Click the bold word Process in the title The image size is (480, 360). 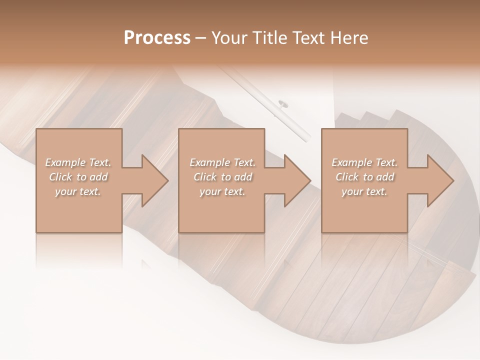pos(157,38)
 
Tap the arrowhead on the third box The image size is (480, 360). pos(438,180)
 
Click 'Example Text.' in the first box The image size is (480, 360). pos(78,162)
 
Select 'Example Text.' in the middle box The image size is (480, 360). pos(222,162)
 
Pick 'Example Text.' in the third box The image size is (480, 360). pos(364,162)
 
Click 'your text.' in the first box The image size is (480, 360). pos(78,191)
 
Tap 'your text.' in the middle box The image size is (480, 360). pos(222,191)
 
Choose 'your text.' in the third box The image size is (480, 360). pos(364,191)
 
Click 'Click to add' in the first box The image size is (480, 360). pos(78,177)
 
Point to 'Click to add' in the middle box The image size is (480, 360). pos(222,177)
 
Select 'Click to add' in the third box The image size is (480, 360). pos(364,177)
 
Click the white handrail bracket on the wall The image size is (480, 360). pos(283,104)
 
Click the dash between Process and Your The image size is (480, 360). pos(201,38)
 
